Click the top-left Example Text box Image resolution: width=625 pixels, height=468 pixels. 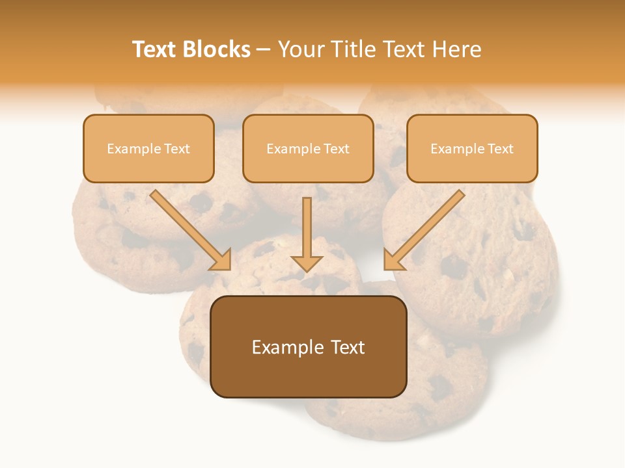[148, 148]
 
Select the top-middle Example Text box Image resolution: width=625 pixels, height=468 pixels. [308, 148]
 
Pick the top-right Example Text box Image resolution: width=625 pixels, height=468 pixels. [472, 148]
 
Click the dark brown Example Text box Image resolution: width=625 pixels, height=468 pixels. [308, 346]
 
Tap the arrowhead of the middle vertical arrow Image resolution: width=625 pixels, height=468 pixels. [307, 262]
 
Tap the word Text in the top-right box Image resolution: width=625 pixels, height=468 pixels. [501, 149]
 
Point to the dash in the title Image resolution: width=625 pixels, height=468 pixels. [264, 50]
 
